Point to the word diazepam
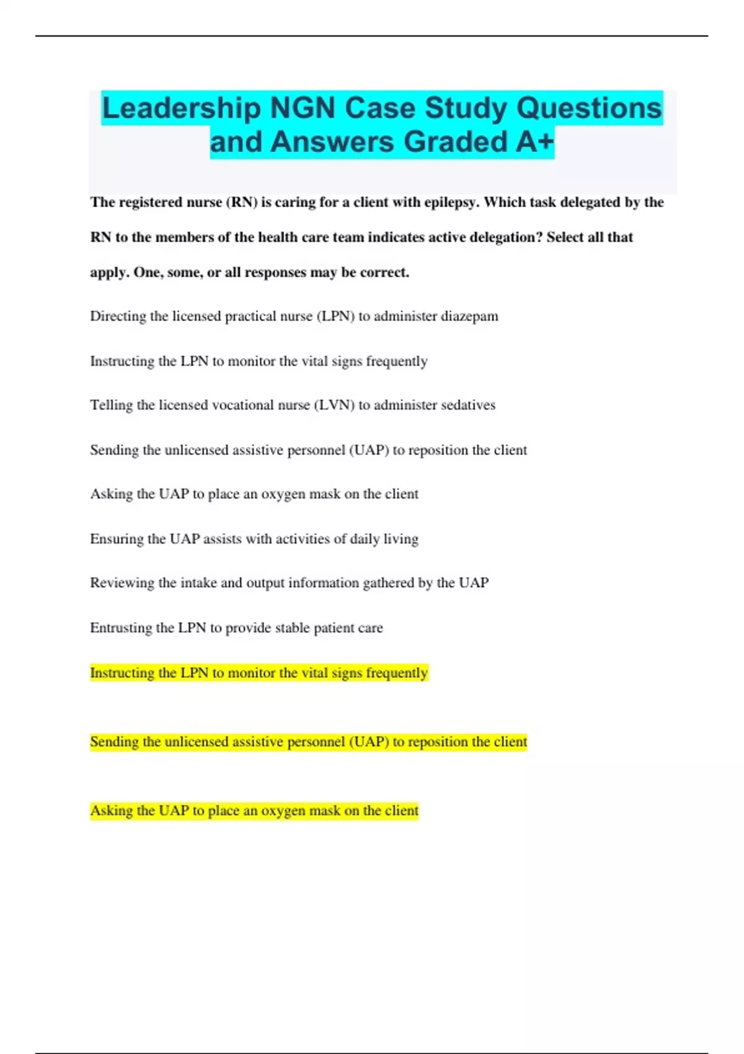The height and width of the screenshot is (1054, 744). (469, 316)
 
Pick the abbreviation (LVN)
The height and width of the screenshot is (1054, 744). (334, 405)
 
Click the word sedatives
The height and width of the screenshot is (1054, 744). (465, 405)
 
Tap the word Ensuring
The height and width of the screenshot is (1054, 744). (117, 539)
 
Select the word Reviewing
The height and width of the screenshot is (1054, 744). (122, 583)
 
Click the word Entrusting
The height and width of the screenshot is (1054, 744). (121, 627)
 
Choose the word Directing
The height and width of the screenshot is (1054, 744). (119, 316)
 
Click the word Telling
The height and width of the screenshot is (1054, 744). (112, 405)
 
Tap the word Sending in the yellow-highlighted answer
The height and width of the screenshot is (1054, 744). (114, 742)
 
